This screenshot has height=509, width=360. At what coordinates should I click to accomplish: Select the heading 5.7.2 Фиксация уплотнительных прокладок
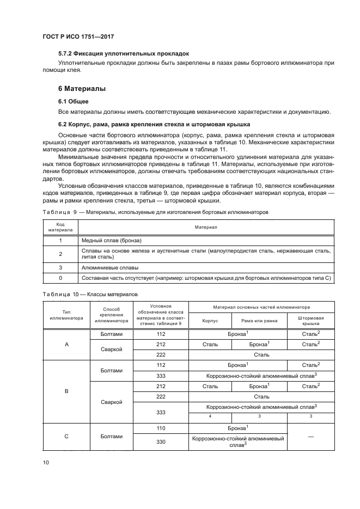(123, 54)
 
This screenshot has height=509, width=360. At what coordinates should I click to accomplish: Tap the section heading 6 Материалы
(82, 88)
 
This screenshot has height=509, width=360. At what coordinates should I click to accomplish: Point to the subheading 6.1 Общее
(74, 101)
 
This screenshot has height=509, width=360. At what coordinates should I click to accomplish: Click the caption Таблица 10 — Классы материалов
(90, 294)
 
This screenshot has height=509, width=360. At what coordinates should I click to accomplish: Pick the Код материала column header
(60, 226)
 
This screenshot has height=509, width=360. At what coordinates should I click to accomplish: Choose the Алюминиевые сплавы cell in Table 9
(109, 268)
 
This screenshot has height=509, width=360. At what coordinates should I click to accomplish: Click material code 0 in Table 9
(60, 278)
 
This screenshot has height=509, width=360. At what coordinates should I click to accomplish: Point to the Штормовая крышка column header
(310, 320)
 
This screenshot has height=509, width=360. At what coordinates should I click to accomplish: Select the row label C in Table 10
(66, 436)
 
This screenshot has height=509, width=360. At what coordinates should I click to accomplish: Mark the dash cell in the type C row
(310, 436)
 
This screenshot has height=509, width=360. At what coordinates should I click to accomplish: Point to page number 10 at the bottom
(46, 462)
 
